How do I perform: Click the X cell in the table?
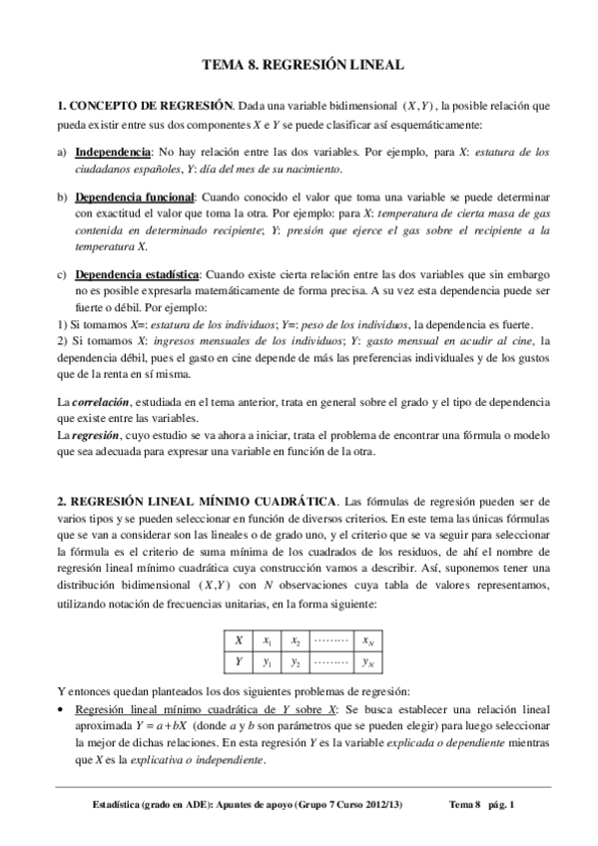pyautogui.click(x=239, y=640)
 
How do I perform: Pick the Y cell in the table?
pyautogui.click(x=239, y=661)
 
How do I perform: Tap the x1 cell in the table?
pyautogui.click(x=267, y=640)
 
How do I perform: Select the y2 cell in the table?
pyautogui.click(x=297, y=661)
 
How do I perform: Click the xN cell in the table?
pyautogui.click(x=368, y=640)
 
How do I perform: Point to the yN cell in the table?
pyautogui.click(x=368, y=661)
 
